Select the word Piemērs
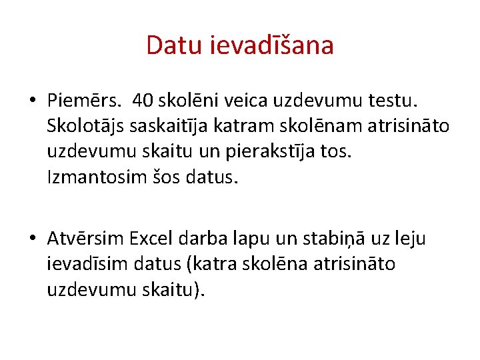[x=83, y=101]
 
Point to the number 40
[x=142, y=101]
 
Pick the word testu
[x=397, y=101]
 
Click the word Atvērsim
[x=85, y=238]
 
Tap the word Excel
[x=151, y=238]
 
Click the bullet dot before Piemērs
[x=33, y=102]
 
